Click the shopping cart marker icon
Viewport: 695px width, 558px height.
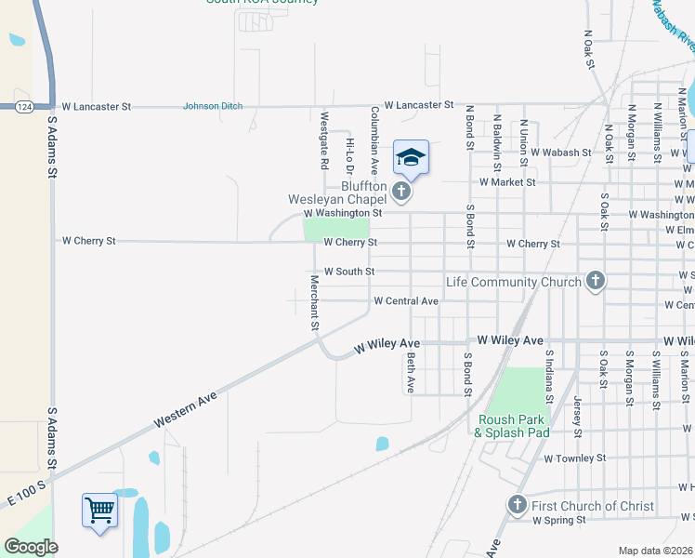tap(99, 511)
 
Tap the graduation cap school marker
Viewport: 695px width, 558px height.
tap(411, 157)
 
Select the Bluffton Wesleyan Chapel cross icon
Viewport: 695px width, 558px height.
tap(401, 193)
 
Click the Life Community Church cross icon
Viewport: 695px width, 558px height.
tap(596, 281)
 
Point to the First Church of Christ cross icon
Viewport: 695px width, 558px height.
tap(518, 505)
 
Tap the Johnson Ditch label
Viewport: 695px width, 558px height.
tap(213, 106)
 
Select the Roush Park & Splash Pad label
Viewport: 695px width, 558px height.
tap(512, 425)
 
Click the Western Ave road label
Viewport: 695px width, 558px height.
tap(186, 408)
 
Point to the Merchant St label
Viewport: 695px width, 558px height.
tap(315, 303)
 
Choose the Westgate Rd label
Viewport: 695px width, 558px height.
tap(324, 140)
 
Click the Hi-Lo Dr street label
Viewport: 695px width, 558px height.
tap(350, 157)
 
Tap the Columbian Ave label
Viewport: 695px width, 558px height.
tap(374, 140)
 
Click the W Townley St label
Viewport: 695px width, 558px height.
tap(574, 458)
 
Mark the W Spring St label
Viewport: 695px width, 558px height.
tap(558, 520)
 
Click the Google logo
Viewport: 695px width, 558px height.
tap(32, 547)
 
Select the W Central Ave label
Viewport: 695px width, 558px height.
tap(405, 301)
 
